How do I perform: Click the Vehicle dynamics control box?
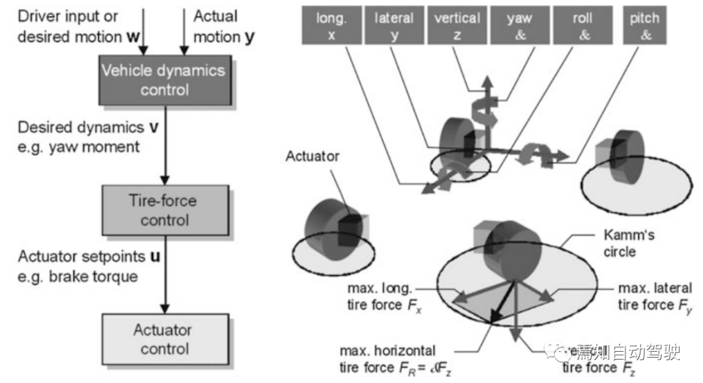point(165,79)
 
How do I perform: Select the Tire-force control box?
point(165,210)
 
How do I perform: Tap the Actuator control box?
point(165,339)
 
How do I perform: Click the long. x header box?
point(331,26)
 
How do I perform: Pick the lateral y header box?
point(394,26)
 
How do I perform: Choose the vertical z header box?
point(457,26)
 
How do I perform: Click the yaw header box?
point(520,26)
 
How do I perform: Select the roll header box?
point(583,26)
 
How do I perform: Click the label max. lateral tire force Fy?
point(655,296)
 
